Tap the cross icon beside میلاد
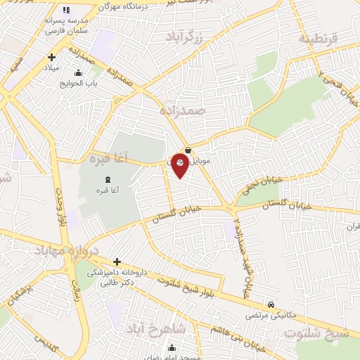pyautogui.click(x=51, y=57)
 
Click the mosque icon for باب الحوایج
pyautogui.click(x=77, y=72)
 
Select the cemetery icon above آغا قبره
pyautogui.click(x=108, y=180)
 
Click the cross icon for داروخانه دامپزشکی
pyautogui.click(x=117, y=262)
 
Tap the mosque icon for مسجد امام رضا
pyautogui.click(x=172, y=347)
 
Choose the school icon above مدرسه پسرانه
pyautogui.click(x=66, y=10)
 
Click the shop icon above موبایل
pyautogui.click(x=187, y=148)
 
